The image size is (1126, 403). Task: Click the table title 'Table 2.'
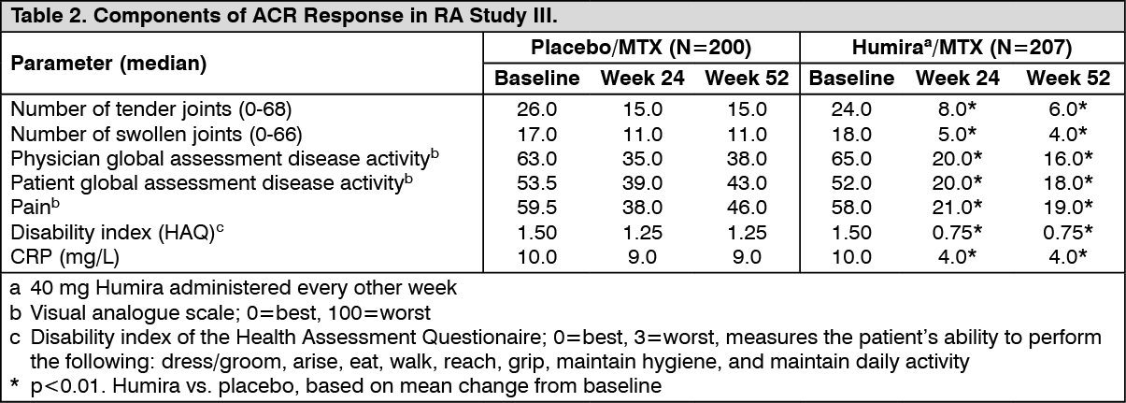click(37, 16)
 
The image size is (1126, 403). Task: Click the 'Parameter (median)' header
click(108, 64)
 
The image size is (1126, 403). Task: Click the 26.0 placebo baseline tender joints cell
click(536, 108)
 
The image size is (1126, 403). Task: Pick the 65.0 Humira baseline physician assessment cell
click(851, 158)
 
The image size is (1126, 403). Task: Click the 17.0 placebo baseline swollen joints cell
click(536, 133)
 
